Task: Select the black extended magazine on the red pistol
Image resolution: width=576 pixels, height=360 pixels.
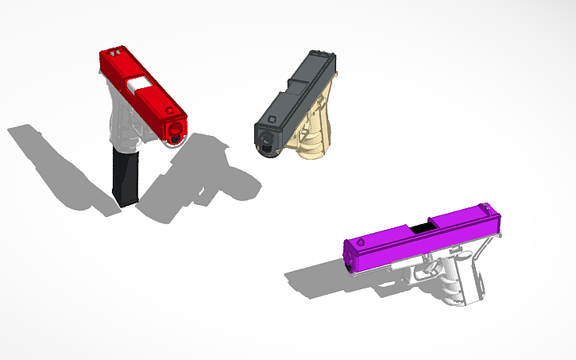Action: tap(125, 179)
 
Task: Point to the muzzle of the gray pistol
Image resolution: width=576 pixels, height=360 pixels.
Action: tap(268, 144)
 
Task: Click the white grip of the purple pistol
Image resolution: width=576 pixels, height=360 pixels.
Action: tap(469, 274)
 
